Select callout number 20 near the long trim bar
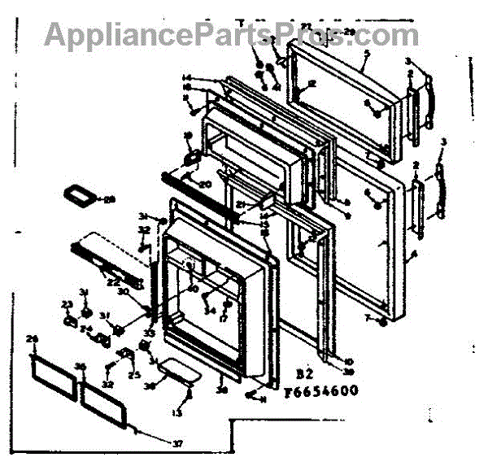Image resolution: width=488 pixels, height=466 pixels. coord(204,184)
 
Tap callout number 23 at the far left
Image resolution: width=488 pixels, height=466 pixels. coord(67,304)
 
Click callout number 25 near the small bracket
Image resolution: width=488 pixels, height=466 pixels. coord(134,375)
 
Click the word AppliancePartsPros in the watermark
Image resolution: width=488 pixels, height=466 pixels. coord(180,35)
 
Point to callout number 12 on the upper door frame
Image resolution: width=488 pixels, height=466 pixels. coord(312,82)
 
